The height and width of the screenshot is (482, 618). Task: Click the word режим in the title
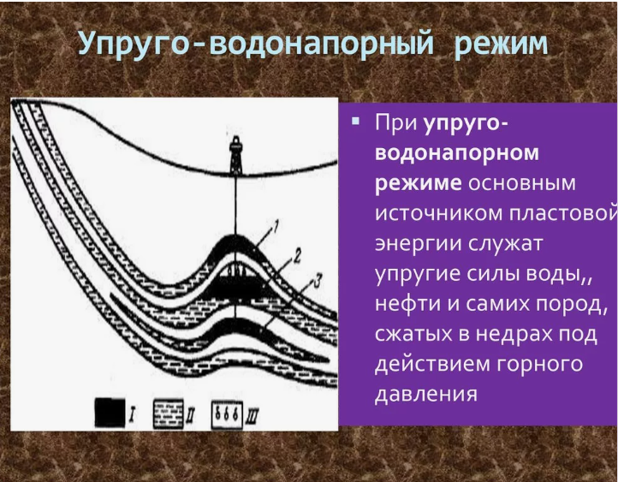501,45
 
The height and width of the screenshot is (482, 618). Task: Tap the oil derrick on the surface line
235,155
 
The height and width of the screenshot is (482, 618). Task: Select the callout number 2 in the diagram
297,255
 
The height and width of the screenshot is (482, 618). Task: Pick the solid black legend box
110,413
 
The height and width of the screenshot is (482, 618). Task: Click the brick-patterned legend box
169,414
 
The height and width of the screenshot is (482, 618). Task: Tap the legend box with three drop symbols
227,415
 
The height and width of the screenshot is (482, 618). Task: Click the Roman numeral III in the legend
253,416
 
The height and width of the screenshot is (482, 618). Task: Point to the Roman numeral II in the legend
191,415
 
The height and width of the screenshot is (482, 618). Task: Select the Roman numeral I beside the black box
132,414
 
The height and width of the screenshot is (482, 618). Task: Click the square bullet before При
356,121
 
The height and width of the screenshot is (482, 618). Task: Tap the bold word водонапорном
457,153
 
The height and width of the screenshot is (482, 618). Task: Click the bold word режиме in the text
419,184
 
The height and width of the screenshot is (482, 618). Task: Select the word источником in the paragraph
438,214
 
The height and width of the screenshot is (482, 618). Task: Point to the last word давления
426,394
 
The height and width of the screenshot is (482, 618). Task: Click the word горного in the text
539,364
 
